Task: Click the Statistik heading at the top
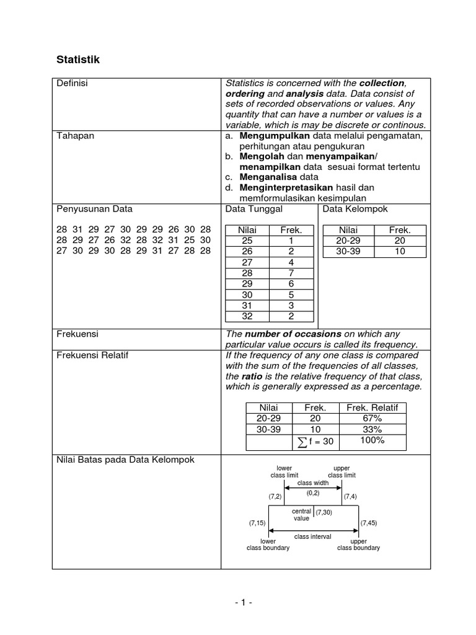tap(78, 60)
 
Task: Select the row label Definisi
tap(73, 84)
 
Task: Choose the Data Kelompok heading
tap(355, 209)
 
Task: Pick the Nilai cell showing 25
tap(247, 241)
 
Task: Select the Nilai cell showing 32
tap(247, 317)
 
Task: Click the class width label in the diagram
tap(313, 482)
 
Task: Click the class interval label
tap(312, 536)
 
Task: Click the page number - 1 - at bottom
tap(237, 602)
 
